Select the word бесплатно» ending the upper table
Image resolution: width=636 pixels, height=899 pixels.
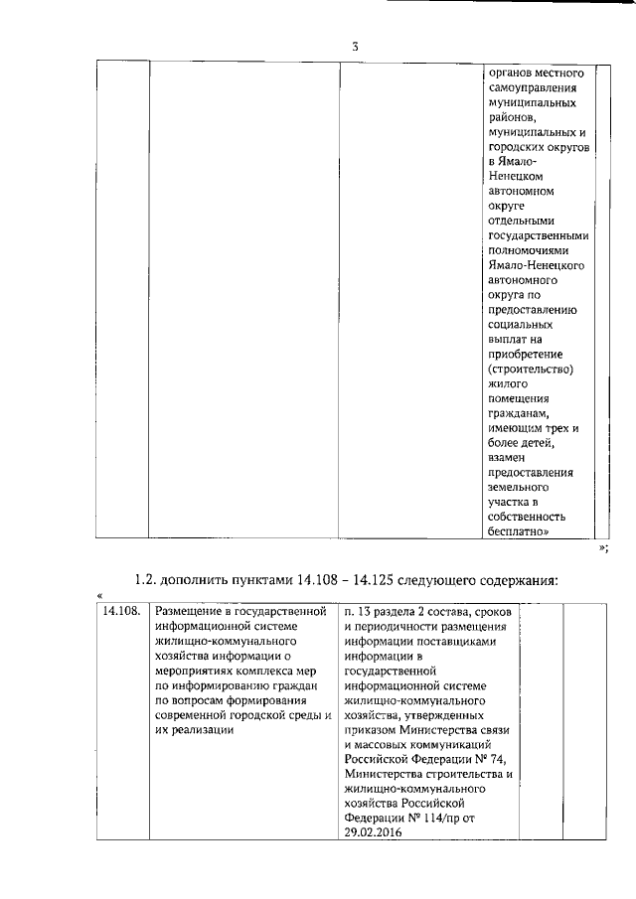coord(519,531)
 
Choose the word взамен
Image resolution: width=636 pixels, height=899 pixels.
coord(511,458)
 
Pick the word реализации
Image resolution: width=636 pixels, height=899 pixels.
coord(202,730)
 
